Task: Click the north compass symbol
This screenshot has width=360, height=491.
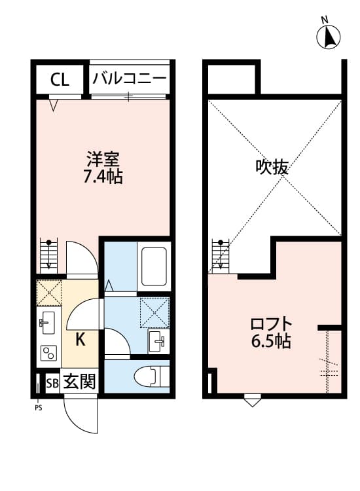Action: (x=329, y=37)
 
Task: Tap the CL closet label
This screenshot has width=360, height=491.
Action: (x=60, y=80)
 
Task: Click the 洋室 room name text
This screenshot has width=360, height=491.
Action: (x=103, y=160)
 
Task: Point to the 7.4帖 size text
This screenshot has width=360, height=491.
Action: (x=103, y=176)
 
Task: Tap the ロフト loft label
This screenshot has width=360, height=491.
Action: (x=270, y=324)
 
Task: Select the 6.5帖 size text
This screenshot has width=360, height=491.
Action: (x=270, y=341)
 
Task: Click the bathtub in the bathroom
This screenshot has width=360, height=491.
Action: (x=154, y=265)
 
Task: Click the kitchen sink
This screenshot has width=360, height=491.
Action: (x=48, y=321)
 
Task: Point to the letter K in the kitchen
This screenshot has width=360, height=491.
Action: (x=79, y=339)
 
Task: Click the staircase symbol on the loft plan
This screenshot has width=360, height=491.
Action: (x=219, y=255)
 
